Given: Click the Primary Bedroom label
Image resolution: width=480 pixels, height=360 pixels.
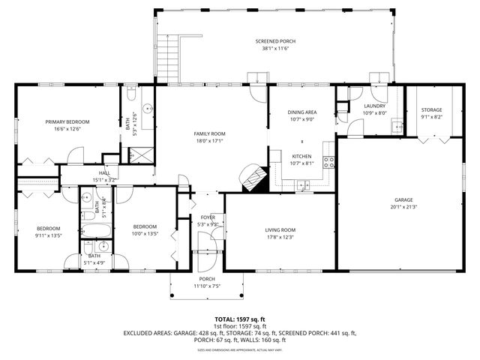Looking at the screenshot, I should click(x=67, y=121).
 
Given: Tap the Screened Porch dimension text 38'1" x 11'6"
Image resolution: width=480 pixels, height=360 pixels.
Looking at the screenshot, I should click(x=274, y=49).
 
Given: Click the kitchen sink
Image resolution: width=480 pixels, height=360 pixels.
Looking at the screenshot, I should click(x=304, y=184).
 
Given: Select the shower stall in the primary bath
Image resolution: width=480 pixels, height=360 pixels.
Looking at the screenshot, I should click(x=139, y=154).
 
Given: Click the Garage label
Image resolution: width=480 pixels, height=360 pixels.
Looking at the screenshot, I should click(x=403, y=199).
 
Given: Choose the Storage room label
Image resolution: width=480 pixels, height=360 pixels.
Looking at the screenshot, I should click(x=431, y=109).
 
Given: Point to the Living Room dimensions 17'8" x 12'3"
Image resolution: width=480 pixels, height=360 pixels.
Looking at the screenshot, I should click(x=280, y=236).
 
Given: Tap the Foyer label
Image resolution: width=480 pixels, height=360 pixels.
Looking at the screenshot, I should click(x=207, y=217).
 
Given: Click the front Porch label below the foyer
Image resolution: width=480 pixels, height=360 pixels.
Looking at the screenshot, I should click(x=207, y=278).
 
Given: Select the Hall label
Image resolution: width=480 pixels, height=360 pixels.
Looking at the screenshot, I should click(x=104, y=173).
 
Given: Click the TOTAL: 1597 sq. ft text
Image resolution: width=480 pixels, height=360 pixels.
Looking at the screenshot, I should click(x=240, y=318).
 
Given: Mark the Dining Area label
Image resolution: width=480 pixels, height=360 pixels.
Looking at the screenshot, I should click(x=301, y=112).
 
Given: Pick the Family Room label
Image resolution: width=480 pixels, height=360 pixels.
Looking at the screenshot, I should click(x=210, y=133).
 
